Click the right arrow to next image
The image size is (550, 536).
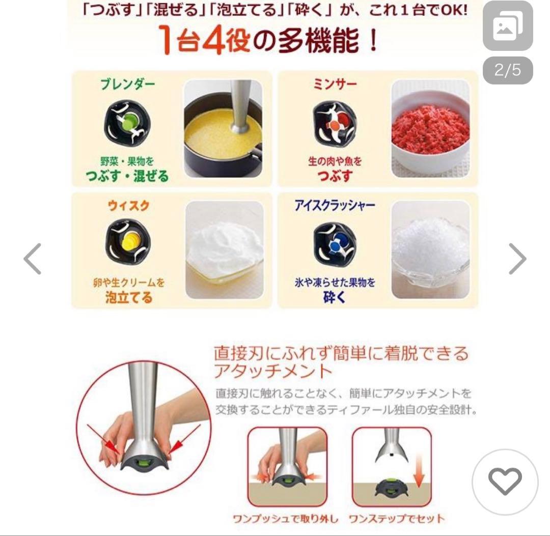[517, 259]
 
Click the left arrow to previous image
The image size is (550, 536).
[33, 259]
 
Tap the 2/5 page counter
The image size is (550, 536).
[508, 70]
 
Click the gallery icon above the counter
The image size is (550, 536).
[508, 26]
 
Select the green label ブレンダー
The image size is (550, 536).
[127, 84]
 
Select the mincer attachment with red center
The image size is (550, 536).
[333, 123]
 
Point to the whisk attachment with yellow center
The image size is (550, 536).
[128, 242]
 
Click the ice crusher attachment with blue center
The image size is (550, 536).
[334, 245]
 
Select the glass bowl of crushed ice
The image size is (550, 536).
[430, 249]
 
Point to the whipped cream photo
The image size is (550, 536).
[225, 249]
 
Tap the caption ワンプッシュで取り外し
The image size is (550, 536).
[285, 519]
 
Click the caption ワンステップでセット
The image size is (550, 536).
[396, 519]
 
